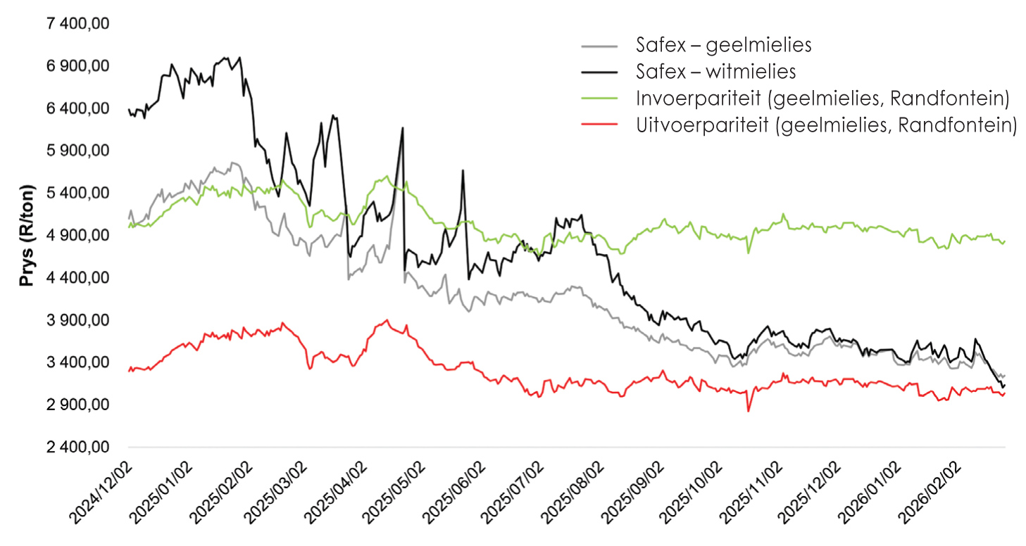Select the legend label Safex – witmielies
coord(715,71)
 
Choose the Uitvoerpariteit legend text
coord(826,125)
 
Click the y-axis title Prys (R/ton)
coord(27,236)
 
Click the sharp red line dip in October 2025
coord(748,411)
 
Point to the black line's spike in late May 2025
coord(463,170)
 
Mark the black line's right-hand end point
coord(1005,386)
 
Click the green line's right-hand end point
coord(1005,241)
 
